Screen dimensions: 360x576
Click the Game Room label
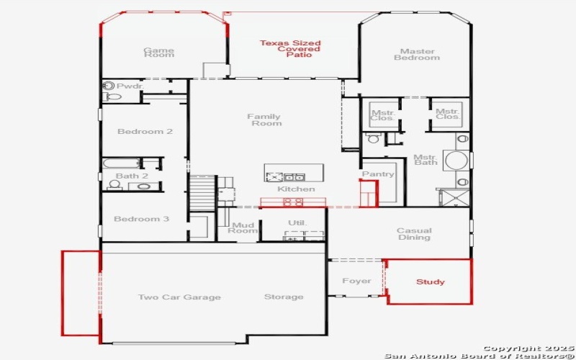click(x=158, y=53)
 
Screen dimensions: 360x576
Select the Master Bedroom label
click(x=416, y=54)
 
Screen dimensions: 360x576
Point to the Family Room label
click(x=264, y=120)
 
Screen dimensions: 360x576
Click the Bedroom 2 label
click(x=145, y=132)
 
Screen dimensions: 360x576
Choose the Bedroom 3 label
click(x=142, y=219)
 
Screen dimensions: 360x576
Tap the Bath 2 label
click(x=132, y=176)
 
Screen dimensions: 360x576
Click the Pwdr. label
click(x=130, y=86)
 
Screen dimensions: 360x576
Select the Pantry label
click(x=378, y=174)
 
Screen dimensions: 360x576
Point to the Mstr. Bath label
click(x=425, y=160)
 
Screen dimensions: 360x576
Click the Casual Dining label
click(x=414, y=234)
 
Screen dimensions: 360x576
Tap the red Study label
click(x=430, y=282)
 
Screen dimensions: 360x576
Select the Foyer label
click(x=356, y=281)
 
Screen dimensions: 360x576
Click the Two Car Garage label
click(x=179, y=297)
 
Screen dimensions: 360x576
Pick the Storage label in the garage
click(x=284, y=297)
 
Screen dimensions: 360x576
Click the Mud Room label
click(x=243, y=227)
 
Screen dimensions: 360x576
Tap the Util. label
click(x=297, y=222)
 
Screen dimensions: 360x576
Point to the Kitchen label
click(x=296, y=189)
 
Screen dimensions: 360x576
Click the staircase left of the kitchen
click(x=202, y=193)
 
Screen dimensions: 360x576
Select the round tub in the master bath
click(x=454, y=159)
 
